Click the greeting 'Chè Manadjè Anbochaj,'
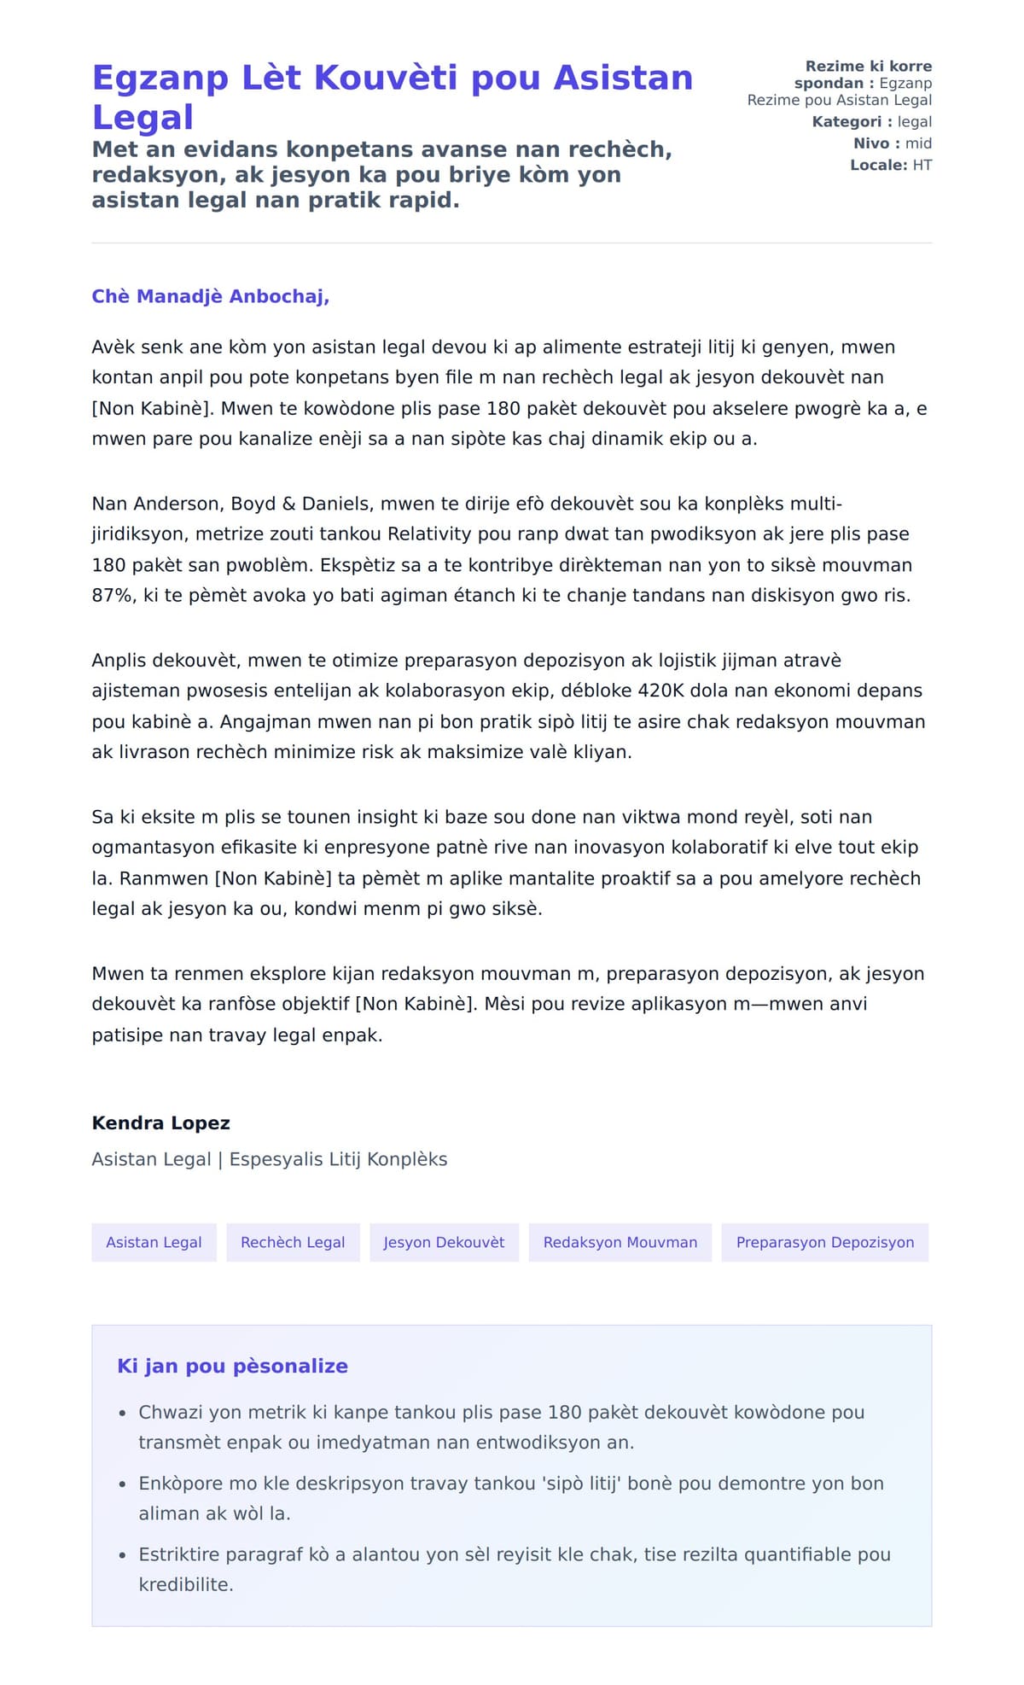click(x=210, y=296)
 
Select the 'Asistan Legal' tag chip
click(x=154, y=1242)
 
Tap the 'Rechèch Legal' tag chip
click(x=293, y=1242)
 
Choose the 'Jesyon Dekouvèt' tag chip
click(x=444, y=1242)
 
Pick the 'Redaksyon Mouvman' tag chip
click(x=620, y=1242)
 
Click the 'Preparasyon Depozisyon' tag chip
click(x=824, y=1242)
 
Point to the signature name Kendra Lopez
click(x=160, y=1122)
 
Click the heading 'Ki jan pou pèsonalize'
click(x=232, y=1366)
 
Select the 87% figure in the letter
click(x=113, y=595)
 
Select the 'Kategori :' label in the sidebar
click(x=852, y=122)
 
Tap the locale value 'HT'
click(x=922, y=166)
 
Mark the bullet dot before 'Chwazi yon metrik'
click(x=123, y=1414)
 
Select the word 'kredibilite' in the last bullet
click(x=185, y=1584)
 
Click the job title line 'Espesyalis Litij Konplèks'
click(x=338, y=1159)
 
